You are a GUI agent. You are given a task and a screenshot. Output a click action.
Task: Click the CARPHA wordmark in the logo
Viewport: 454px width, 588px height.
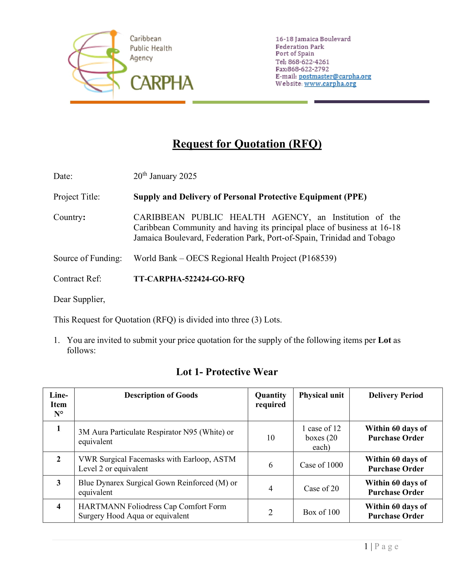162,83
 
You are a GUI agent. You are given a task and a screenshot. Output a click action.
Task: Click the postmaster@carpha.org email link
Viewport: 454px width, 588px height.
335,76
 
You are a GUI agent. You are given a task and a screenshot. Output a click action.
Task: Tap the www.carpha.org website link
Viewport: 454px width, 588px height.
330,84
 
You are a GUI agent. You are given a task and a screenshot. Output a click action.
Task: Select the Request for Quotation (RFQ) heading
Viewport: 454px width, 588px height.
247,144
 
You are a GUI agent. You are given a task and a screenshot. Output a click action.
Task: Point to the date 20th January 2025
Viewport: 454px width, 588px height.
165,176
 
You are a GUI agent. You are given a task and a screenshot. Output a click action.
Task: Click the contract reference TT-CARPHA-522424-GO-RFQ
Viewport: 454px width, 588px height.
189,279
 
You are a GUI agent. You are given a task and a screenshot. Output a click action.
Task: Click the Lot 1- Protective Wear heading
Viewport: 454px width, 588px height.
227,372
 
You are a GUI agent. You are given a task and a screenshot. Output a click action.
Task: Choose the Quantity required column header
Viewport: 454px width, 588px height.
270,400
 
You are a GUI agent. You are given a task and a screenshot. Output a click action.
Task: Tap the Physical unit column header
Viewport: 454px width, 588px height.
321,395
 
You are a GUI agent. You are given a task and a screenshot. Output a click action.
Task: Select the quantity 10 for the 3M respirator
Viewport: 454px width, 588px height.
271,438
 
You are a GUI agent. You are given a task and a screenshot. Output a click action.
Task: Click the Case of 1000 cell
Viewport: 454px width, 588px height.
321,465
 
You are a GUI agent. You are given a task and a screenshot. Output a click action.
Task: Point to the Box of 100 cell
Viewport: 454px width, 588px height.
321,512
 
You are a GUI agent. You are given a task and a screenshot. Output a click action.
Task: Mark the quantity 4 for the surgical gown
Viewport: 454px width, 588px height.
271,488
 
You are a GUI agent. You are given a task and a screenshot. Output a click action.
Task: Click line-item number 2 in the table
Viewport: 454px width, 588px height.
59,459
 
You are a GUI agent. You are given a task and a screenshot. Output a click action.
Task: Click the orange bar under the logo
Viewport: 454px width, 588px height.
127,102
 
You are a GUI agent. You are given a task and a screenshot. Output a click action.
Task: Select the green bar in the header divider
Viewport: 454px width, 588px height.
250,102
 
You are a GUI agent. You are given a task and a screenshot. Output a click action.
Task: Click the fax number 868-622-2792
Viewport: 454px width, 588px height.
308,69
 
